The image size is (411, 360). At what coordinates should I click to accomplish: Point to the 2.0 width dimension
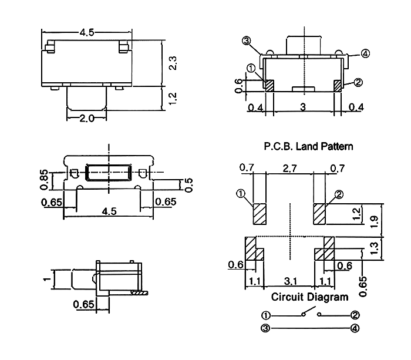click(x=87, y=118)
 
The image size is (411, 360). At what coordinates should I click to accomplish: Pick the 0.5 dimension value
click(x=188, y=184)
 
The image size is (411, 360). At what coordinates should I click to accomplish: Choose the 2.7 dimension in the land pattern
click(x=289, y=169)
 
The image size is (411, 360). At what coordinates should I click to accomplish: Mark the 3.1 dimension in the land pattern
click(x=289, y=281)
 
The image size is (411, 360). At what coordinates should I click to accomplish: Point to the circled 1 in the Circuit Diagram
click(x=266, y=315)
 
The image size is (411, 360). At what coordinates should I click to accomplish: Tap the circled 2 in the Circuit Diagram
click(x=355, y=315)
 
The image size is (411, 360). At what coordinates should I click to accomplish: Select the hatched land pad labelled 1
click(x=260, y=214)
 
